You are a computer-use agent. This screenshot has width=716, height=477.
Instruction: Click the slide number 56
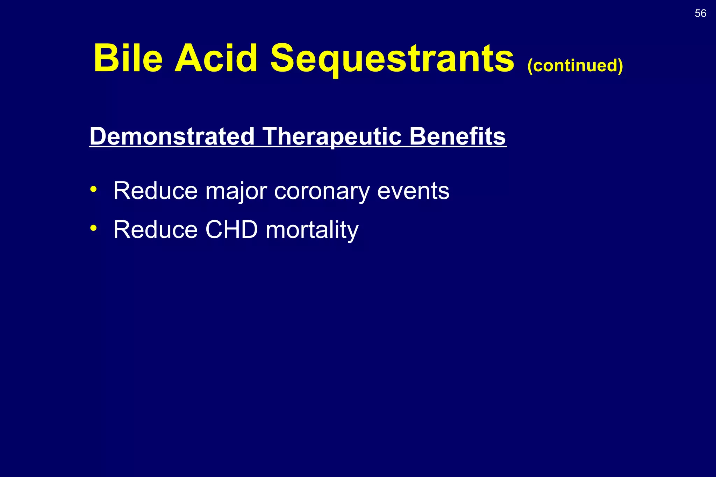[700, 13]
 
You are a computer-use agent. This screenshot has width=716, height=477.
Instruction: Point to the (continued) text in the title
[575, 65]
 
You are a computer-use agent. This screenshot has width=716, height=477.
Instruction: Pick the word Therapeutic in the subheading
[332, 136]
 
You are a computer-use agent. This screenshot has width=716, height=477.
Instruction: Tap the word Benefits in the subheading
[457, 136]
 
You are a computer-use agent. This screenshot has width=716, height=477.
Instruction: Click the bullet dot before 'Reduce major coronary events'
[93, 189]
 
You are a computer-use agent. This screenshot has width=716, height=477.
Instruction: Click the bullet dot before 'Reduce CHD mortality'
[93, 228]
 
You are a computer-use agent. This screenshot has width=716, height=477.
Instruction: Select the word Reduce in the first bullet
[155, 191]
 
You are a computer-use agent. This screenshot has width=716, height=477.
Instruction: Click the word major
[236, 191]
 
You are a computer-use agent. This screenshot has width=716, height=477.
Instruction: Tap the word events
[413, 191]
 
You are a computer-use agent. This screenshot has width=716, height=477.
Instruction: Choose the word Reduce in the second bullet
[155, 230]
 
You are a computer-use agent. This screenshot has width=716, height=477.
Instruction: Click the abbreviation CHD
[231, 230]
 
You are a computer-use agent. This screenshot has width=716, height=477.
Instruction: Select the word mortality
[312, 230]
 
